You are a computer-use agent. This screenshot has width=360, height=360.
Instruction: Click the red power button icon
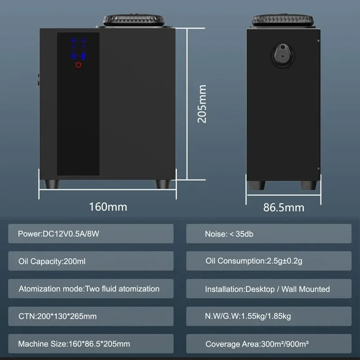78,65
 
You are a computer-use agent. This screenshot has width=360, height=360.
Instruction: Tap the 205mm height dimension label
202,104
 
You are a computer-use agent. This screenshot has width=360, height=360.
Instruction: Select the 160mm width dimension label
108,207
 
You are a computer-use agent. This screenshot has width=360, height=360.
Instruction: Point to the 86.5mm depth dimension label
283,207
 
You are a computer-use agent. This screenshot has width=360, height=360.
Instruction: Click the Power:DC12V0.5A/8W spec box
91,234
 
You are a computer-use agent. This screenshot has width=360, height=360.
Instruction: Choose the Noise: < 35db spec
269,234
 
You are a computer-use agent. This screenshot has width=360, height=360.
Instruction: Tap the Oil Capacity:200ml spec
91,261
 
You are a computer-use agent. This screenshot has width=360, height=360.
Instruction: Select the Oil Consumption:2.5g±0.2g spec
269,261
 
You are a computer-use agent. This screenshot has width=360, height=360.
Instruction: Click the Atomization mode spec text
89,289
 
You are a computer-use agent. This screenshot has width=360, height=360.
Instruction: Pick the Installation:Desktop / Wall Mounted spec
269,289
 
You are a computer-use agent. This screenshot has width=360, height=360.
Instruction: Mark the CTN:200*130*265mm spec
91,316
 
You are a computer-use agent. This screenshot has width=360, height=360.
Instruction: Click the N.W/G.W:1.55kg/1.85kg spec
269,316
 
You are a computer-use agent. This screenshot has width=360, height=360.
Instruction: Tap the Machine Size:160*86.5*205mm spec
91,344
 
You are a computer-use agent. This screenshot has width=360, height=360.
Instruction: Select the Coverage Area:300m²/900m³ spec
269,344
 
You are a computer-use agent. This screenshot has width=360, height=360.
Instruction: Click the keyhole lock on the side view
283,55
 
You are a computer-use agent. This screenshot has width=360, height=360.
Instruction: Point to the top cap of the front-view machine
134,20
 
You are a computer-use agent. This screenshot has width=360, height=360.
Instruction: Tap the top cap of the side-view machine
283,20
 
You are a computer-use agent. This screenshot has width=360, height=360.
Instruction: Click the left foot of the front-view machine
51,184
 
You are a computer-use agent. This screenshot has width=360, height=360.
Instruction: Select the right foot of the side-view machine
309,185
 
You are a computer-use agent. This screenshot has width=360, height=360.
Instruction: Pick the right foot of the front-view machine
163,184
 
